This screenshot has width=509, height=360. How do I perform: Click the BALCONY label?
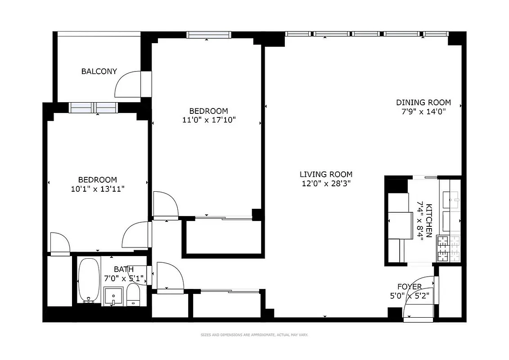point(99,71)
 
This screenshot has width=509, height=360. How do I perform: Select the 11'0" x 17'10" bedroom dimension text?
point(208,120)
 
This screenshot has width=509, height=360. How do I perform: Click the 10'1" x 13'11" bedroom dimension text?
point(98,189)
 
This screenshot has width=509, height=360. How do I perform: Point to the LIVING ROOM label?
point(326,174)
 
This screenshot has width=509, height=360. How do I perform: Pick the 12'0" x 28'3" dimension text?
point(326,184)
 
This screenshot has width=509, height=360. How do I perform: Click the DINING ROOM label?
point(423,102)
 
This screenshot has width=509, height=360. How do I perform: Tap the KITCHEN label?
point(429,220)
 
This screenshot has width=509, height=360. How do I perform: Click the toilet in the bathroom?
point(134,295)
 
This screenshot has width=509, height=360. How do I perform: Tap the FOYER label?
point(409,287)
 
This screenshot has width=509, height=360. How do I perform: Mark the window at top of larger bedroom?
point(209,35)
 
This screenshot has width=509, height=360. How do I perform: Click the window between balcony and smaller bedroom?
point(94,108)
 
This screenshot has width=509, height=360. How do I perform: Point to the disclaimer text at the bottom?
point(254,335)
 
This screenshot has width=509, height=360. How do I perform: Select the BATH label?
point(123,269)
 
